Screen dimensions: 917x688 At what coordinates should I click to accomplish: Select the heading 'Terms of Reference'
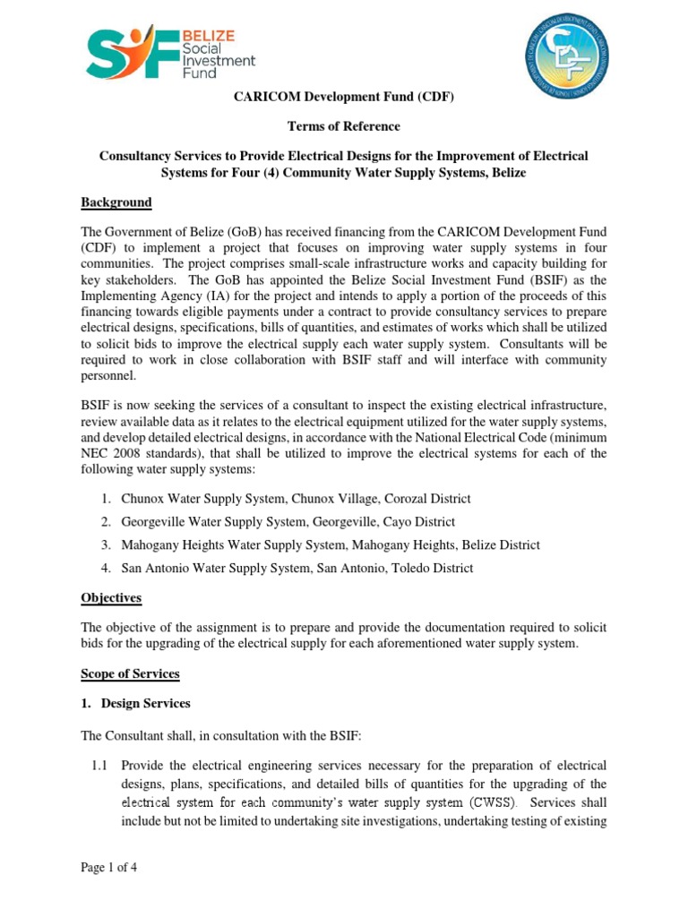pos(343,126)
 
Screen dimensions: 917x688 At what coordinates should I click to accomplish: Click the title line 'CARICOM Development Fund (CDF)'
pos(343,98)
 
